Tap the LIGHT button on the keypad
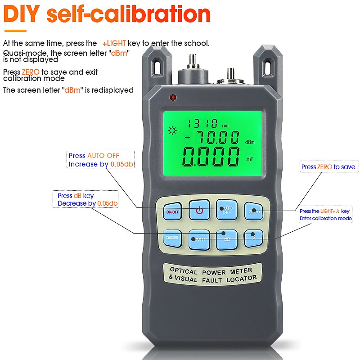click(x=199, y=238)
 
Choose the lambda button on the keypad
click(x=254, y=238)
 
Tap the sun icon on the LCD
click(x=171, y=131)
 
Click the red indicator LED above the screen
click(x=172, y=97)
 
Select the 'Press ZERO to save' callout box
click(x=328, y=167)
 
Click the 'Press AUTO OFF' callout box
click(x=100, y=160)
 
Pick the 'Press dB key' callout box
click(x=87, y=199)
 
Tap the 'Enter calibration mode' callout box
click(x=325, y=215)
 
